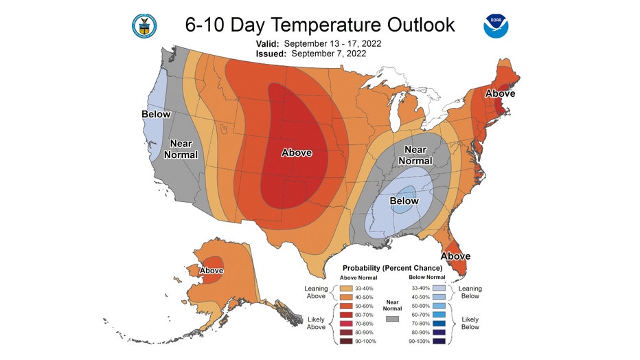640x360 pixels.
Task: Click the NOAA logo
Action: pos(495,25)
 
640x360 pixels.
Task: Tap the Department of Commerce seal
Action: pos(144,25)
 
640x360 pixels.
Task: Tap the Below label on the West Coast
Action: pos(156,113)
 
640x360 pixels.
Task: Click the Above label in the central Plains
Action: pos(297,153)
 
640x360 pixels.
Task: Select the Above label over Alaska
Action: pos(210,271)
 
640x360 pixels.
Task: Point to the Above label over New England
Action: pos(500,93)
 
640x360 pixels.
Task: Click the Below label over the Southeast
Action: pos(404,201)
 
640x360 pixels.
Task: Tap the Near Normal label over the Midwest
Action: pos(415,155)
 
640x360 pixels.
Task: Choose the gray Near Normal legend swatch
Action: pos(393,319)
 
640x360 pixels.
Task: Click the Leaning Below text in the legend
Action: pos(470,292)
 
